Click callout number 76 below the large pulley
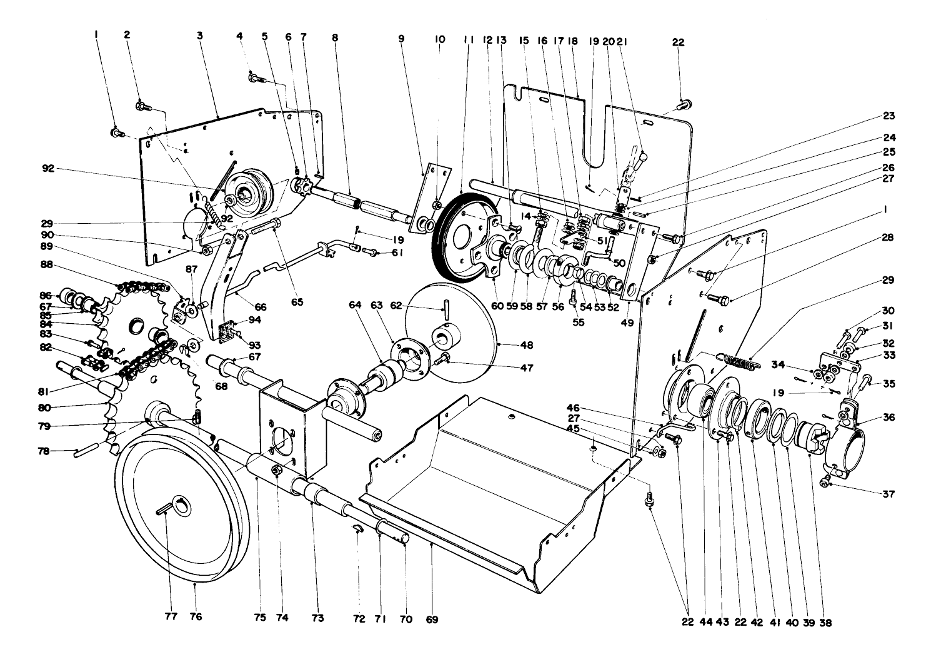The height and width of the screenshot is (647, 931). [x=196, y=618]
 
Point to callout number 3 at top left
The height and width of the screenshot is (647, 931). [x=200, y=36]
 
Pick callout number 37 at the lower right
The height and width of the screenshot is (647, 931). [x=889, y=494]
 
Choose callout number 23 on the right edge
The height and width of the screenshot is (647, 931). [x=889, y=116]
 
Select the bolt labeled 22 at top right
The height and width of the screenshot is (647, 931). [x=685, y=103]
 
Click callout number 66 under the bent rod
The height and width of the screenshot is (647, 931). [x=260, y=308]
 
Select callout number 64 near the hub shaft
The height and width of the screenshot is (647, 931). [x=356, y=305]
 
